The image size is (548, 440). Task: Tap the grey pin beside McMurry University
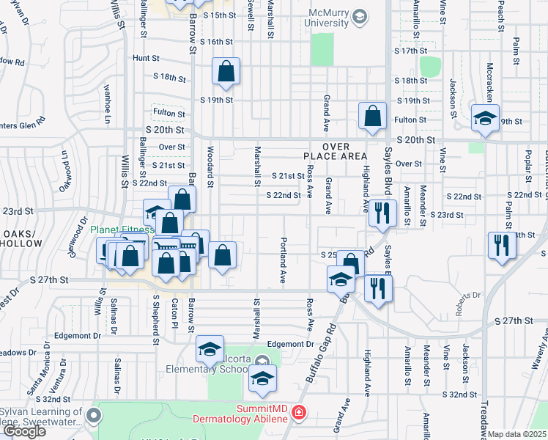[360, 15]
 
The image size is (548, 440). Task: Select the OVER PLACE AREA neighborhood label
[333, 151]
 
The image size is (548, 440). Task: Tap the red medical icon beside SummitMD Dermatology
[298, 414]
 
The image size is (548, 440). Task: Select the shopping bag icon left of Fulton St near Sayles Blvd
[373, 115]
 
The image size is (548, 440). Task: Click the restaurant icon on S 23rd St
[379, 213]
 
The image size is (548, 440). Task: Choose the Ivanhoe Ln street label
[107, 105]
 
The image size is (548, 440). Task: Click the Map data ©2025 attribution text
[518, 434]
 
